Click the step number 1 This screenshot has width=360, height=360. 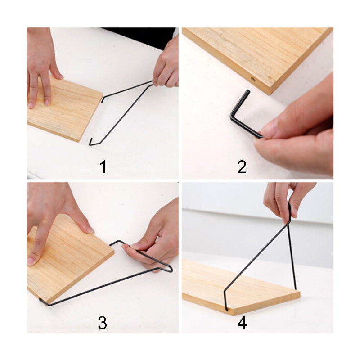tap(103, 167)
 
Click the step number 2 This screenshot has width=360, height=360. tap(242, 167)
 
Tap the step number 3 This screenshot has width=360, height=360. tap(103, 323)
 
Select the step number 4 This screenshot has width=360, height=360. tap(242, 323)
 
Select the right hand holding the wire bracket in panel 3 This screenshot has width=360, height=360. tap(153, 238)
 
